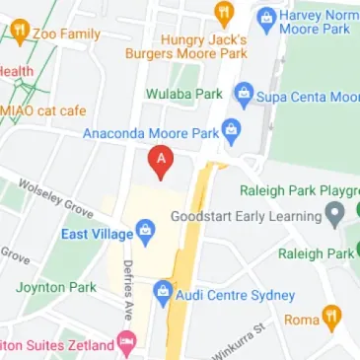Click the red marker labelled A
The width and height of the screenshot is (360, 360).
coord(161,160)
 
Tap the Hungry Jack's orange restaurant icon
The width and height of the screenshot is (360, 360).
coord(223,14)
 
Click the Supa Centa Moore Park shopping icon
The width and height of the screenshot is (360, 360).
coord(243,96)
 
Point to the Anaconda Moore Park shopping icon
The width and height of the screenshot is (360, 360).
coord(231,130)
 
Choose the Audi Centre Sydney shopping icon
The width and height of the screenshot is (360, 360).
coord(163,293)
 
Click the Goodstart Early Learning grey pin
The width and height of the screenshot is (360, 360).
coord(335,214)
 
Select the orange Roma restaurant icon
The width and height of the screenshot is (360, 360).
coord(332,319)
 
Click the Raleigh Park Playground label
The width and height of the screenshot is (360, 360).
coord(300,190)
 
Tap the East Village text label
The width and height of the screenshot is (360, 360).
coord(96,234)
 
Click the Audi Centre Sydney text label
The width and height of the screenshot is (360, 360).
coord(236,295)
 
